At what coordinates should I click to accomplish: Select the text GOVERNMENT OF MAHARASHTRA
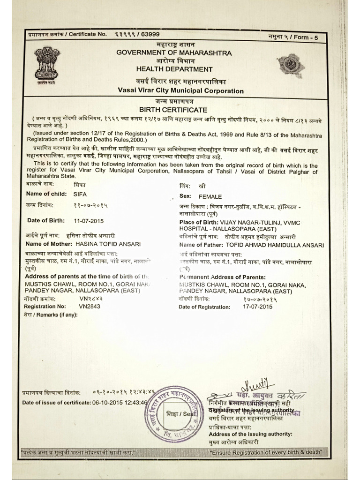pos(174,53)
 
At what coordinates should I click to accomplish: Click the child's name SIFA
pos(80,194)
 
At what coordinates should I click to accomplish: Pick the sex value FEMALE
pos(210,197)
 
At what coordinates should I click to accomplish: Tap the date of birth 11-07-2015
pos(89,221)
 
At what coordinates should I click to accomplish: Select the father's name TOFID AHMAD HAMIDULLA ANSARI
pos(275,245)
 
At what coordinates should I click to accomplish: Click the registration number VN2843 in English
pos(90,306)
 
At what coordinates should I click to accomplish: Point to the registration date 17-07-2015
pos(257,307)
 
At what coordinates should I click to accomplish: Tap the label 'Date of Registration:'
pos(204,307)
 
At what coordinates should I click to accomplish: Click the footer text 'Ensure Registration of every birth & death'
pos(266,452)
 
